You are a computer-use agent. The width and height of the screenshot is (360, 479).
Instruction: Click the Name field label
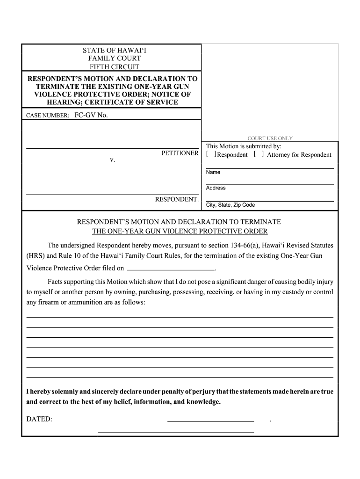[x=213, y=172]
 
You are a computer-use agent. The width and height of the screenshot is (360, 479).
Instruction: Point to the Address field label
[x=216, y=188]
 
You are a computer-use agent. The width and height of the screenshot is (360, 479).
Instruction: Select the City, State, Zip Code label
[x=230, y=205]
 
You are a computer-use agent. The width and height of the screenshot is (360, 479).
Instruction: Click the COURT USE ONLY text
[x=270, y=138]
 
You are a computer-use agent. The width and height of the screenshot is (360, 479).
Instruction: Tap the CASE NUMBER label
[x=48, y=115]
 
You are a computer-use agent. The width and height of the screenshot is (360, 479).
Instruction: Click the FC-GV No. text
[x=91, y=115]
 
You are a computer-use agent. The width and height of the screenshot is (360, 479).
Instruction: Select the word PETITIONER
[x=180, y=153]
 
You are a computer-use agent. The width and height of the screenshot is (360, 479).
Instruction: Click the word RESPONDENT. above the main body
[x=177, y=199]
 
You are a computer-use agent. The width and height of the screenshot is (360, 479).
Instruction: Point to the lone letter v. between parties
[x=112, y=160]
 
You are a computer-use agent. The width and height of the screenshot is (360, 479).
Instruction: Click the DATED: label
[x=39, y=419]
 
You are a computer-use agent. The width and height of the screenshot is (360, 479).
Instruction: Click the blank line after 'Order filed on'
[x=170, y=269]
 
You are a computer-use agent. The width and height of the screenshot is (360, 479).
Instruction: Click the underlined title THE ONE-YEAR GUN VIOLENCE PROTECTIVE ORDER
[x=180, y=232]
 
